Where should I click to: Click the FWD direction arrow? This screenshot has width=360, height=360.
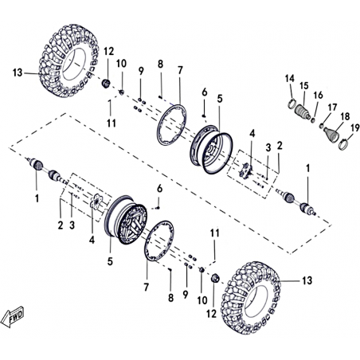coord(12,317)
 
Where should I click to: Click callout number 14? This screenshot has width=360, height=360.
coord(290,78)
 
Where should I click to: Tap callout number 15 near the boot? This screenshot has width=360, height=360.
coord(304,86)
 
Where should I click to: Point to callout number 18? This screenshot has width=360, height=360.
coord(345,116)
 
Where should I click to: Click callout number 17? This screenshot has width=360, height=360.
coord(332,108)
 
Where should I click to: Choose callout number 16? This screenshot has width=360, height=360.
coord(318,95)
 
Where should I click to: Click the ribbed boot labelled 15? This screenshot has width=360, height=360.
coord(303,112)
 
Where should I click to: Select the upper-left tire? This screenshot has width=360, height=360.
coord(68,61)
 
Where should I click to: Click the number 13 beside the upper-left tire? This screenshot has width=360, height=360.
coord(18,72)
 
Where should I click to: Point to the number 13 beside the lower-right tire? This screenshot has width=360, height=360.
coord(307,280)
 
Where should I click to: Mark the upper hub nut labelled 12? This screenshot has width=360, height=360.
coord(106,84)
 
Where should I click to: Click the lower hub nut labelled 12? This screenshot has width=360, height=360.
coord(215,278)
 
